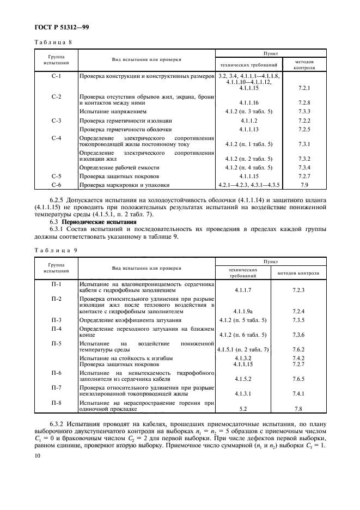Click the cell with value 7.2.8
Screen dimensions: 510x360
pos(304,102)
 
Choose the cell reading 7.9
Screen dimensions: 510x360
pos(304,186)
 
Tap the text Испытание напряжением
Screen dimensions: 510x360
pos(113,111)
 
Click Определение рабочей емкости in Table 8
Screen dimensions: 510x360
pos(119,167)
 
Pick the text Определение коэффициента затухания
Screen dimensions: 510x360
pos(130,320)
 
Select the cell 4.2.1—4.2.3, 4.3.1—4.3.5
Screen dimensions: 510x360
pos(248,186)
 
